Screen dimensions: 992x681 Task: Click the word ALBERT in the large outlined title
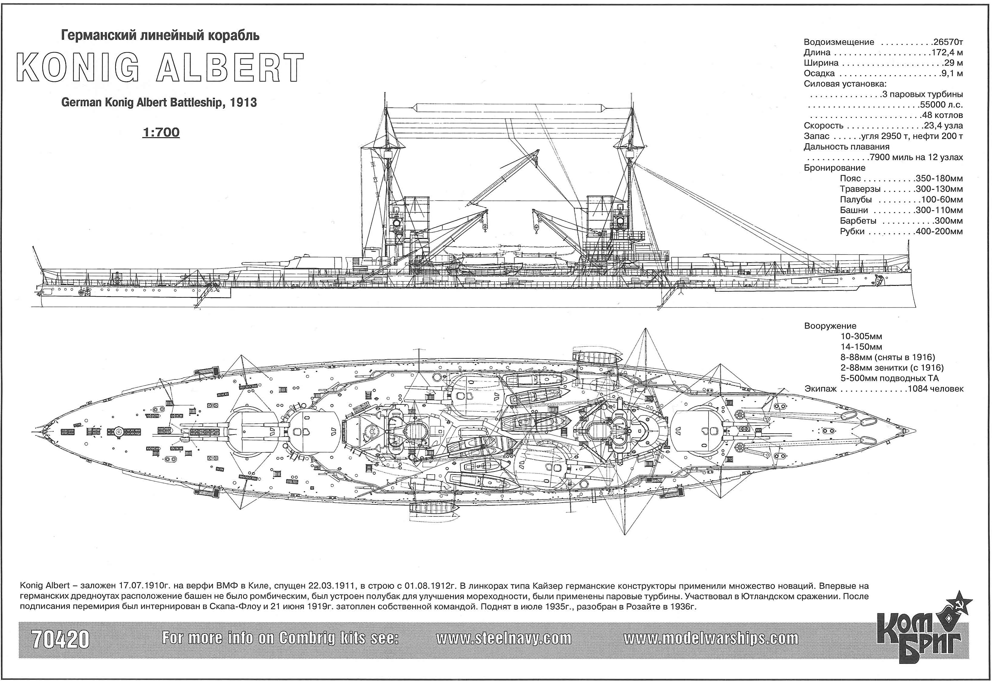pyautogui.click(x=231, y=67)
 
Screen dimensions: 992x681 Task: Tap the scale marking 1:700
pyautogui.click(x=161, y=132)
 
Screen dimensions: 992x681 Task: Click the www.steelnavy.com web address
pyautogui.click(x=504, y=638)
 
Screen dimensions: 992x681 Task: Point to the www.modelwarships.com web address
pyautogui.click(x=711, y=638)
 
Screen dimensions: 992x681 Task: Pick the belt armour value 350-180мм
pyautogui.click(x=939, y=178)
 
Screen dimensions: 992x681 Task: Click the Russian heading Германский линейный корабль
pyautogui.click(x=161, y=36)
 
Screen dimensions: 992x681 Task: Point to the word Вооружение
pyautogui.click(x=830, y=326)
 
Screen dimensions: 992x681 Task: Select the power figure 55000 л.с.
pyautogui.click(x=941, y=105)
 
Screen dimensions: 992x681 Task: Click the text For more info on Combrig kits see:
pyautogui.click(x=281, y=638)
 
